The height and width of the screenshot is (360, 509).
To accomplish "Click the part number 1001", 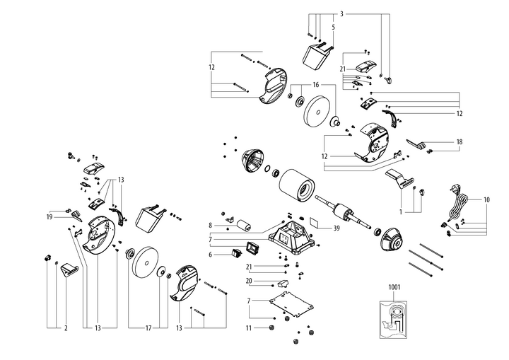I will pyautogui.click(x=394, y=288).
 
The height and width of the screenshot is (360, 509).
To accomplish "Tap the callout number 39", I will pyautogui.click(x=337, y=228).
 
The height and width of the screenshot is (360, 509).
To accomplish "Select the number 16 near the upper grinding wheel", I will pyautogui.click(x=315, y=84).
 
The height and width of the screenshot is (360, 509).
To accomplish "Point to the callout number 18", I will pyautogui.click(x=459, y=142).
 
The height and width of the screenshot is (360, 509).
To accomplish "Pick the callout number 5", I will pyautogui.click(x=333, y=26).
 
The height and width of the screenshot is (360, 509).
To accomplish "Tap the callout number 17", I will pyautogui.click(x=147, y=328).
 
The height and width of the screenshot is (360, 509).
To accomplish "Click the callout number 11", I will pyautogui.click(x=248, y=328).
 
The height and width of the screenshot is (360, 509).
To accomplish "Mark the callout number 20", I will pyautogui.click(x=249, y=281).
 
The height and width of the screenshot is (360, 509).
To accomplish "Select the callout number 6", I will pyautogui.click(x=210, y=254).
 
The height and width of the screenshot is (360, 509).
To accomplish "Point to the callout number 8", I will pyautogui.click(x=210, y=226).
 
